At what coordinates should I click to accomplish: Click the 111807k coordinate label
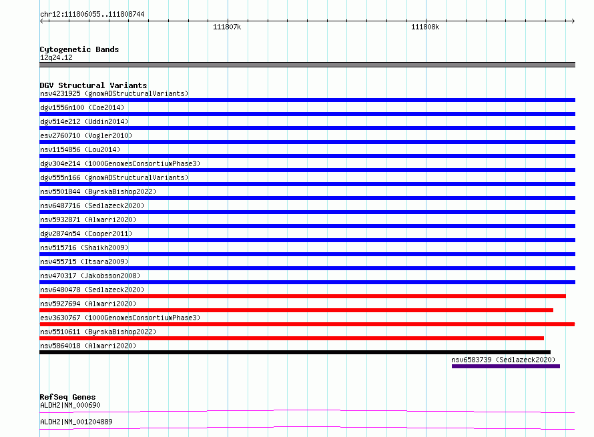[x=227, y=27]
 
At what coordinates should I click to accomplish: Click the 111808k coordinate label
[x=425, y=27]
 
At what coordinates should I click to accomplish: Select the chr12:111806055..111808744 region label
[x=92, y=15]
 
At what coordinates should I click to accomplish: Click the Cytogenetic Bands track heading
[x=79, y=49]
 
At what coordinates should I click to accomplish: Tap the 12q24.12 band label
[x=56, y=57]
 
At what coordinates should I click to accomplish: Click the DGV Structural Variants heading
[x=93, y=85]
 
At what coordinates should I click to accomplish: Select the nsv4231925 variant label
[x=60, y=93]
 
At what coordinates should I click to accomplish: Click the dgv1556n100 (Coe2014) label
[x=82, y=107]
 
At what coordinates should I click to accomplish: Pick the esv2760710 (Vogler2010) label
[x=86, y=135]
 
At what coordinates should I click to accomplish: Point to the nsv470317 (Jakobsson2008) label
[x=90, y=276]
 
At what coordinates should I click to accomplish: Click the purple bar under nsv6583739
[x=506, y=366]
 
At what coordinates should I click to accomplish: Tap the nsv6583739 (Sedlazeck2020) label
[x=503, y=360]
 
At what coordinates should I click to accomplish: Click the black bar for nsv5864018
[x=295, y=352]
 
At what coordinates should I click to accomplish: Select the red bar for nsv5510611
[x=292, y=338]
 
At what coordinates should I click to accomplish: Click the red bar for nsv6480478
[x=303, y=296]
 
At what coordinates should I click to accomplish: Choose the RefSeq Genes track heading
[x=68, y=397]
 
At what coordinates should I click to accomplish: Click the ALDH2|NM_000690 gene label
[x=71, y=405]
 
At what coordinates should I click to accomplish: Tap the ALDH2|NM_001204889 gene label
[x=76, y=422]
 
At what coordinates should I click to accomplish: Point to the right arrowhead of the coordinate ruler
[x=574, y=21]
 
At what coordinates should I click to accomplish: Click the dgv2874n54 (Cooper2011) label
[x=86, y=234]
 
